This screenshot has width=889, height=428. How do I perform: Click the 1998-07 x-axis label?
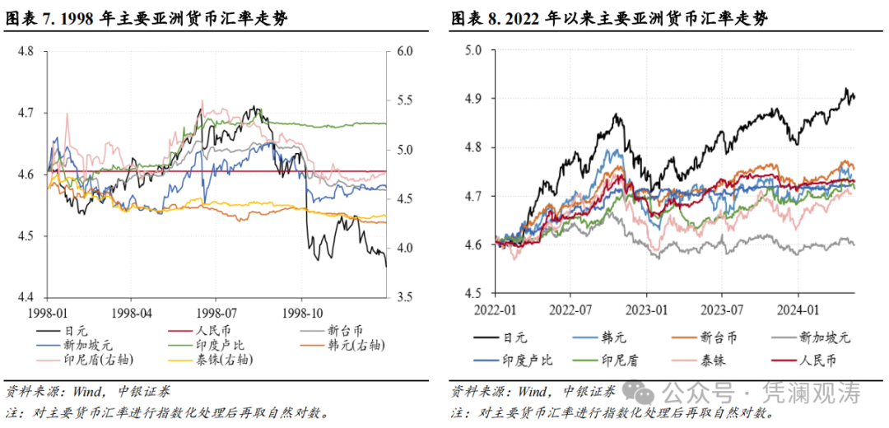point(216,314)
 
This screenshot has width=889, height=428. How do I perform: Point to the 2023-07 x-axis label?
point(723,309)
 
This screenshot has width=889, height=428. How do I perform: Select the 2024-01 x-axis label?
point(800,309)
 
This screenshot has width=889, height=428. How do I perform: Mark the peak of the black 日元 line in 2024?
point(845,89)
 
